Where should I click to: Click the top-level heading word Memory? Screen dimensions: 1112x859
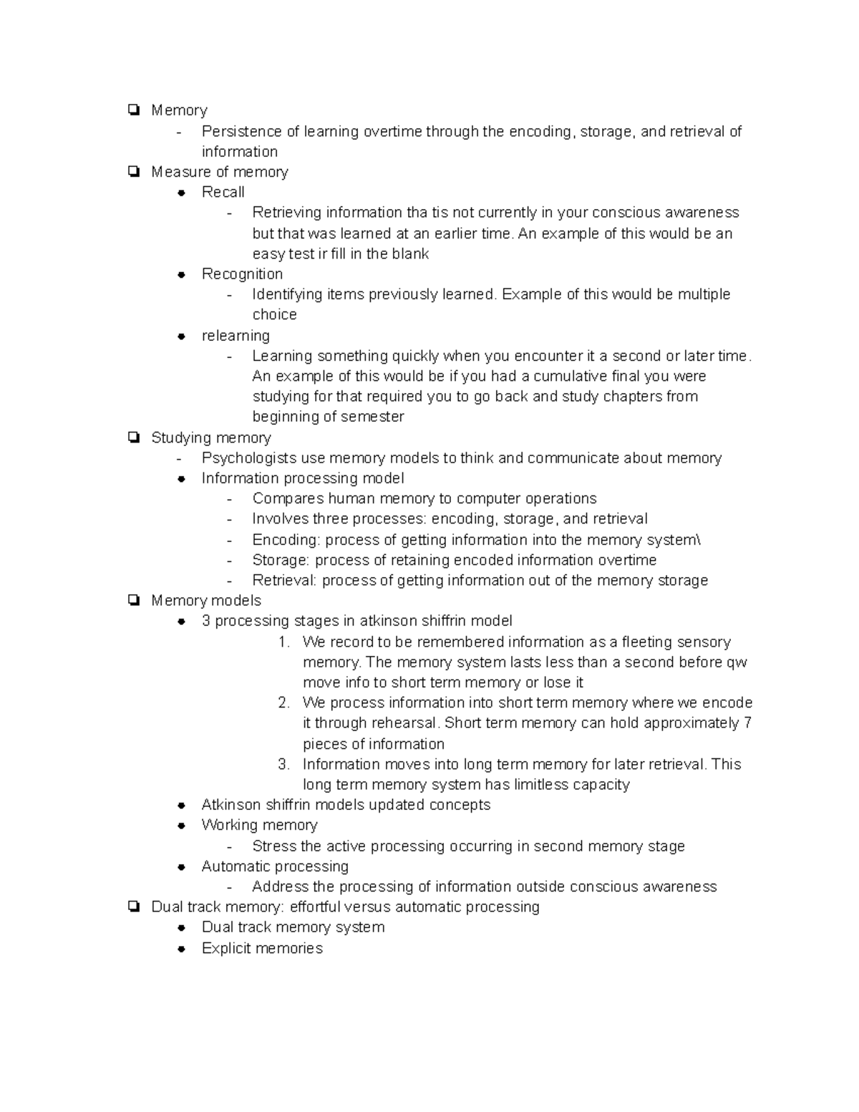tap(179, 110)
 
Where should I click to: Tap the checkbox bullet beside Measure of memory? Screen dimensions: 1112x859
tap(133, 172)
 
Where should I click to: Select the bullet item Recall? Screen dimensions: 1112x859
tap(223, 192)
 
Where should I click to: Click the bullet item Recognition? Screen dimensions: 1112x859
tap(242, 274)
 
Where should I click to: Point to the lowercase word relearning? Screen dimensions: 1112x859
tap(236, 336)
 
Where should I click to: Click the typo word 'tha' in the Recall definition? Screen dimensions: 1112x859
tap(417, 213)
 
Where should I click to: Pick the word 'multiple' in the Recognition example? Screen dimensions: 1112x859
tap(704, 294)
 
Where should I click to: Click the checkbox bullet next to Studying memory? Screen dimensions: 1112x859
tap(133, 437)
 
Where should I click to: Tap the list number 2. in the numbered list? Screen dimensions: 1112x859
tap(283, 703)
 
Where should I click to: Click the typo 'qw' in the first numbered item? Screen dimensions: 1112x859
tap(737, 662)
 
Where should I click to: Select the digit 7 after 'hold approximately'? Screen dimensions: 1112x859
tap(747, 723)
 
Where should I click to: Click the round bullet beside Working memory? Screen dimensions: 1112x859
tap(183, 826)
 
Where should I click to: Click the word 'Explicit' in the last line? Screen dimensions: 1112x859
tap(225, 948)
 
